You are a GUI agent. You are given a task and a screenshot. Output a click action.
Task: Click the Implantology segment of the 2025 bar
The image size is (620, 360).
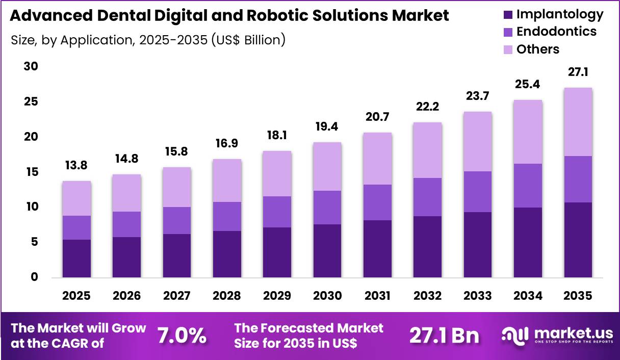[x=76, y=259]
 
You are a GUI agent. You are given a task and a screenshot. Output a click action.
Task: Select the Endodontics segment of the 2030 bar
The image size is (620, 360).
[x=327, y=208]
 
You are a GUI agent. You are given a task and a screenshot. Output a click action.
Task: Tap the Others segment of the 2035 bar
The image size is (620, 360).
[x=578, y=122]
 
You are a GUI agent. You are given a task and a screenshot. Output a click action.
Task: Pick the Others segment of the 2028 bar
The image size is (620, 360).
[x=227, y=181]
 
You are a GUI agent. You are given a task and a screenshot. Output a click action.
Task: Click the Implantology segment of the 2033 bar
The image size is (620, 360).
[x=478, y=245]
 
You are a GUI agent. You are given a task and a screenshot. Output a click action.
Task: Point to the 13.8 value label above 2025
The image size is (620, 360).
[x=77, y=166]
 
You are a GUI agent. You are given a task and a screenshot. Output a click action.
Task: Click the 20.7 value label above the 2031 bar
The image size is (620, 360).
[x=378, y=117]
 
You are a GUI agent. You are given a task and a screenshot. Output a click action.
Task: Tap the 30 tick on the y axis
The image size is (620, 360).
[x=32, y=67]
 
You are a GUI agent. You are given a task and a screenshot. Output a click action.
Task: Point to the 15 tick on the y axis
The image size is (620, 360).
[x=32, y=172]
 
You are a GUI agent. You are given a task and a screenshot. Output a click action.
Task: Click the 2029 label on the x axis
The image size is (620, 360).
[x=277, y=296]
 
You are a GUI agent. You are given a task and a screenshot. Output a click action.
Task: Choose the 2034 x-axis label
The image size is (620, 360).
[x=528, y=296]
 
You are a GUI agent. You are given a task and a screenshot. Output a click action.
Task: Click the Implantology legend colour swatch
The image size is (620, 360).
[x=508, y=14]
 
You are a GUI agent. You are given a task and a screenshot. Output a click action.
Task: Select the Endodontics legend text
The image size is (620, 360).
[x=556, y=32]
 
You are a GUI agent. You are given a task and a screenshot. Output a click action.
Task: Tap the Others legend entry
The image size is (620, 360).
[x=537, y=49]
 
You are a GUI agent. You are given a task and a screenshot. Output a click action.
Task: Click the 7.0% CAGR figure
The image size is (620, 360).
[x=182, y=336]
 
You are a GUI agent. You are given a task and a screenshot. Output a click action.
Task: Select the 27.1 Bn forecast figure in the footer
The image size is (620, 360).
[x=444, y=336]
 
